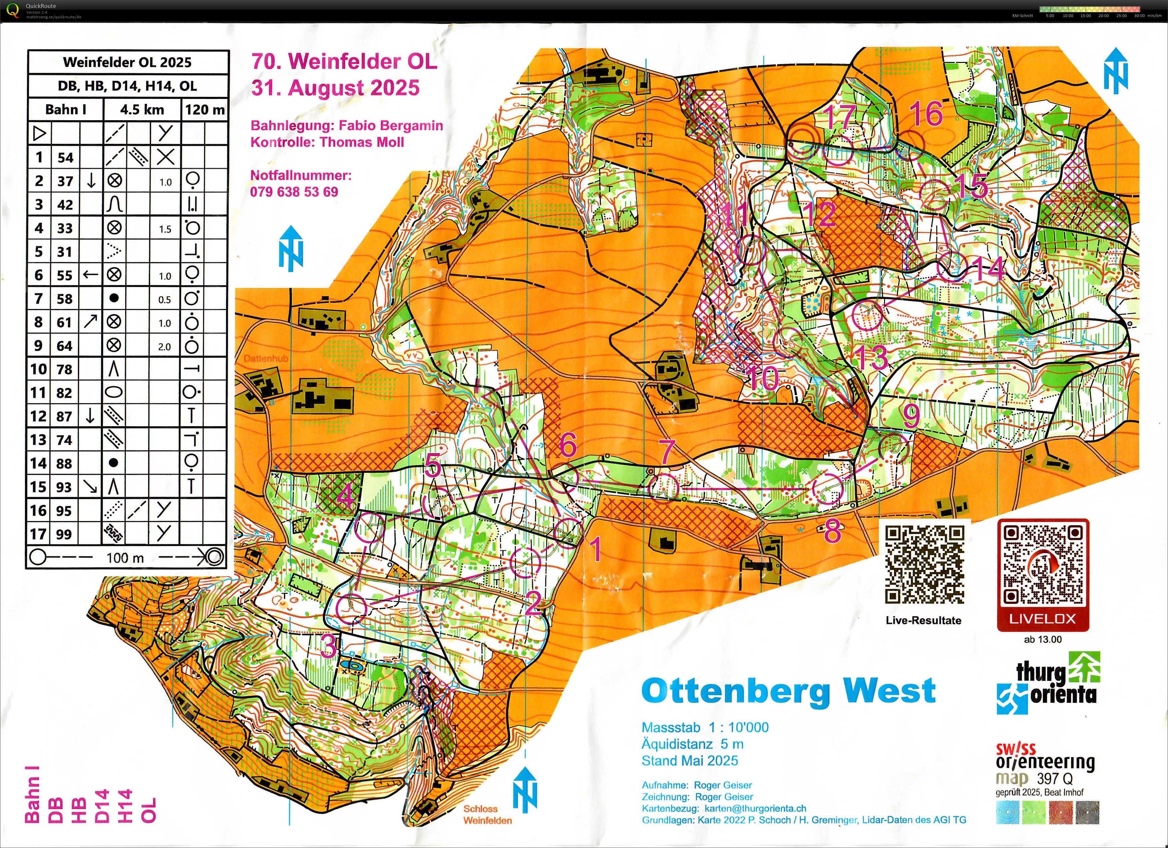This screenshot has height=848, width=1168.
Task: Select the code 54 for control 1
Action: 65,158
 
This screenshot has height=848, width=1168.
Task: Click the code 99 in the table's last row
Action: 64,534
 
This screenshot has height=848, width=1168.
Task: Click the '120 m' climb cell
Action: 204,110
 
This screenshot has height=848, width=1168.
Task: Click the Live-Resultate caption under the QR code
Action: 923,620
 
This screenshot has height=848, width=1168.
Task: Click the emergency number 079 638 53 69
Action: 294,192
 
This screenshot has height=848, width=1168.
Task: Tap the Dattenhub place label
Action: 266,358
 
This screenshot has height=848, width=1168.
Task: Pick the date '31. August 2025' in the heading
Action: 335,88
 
